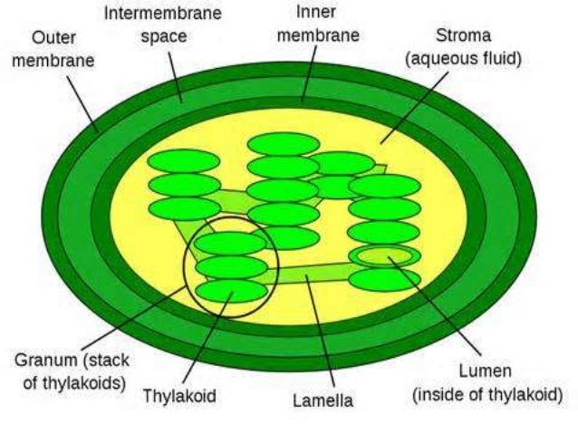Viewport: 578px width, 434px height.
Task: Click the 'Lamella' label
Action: (323, 400)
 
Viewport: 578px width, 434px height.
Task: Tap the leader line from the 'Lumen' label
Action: (435, 308)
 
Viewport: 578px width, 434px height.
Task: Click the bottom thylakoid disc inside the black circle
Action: (231, 291)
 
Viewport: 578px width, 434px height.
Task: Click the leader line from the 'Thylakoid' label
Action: (210, 339)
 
